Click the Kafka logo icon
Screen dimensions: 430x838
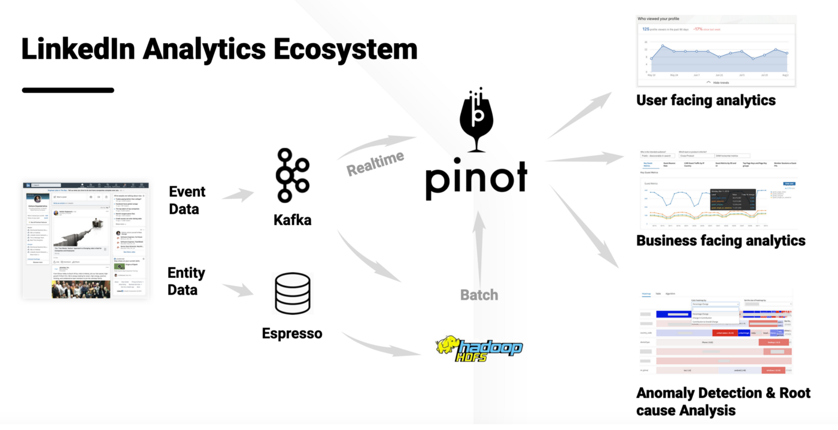(x=293, y=175)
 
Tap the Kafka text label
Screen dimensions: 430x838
(x=293, y=220)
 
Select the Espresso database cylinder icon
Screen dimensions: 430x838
(x=292, y=293)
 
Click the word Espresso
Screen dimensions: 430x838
(x=292, y=333)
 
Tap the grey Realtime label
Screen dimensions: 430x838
(x=375, y=163)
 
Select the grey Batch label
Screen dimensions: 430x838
(x=479, y=294)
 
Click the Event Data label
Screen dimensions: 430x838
(x=187, y=200)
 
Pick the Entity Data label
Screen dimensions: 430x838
(x=186, y=281)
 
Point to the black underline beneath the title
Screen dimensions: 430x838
(x=68, y=90)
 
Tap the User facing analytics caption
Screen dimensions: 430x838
(x=706, y=100)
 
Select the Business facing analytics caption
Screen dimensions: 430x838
(x=721, y=241)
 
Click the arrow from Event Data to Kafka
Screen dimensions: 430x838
(x=238, y=195)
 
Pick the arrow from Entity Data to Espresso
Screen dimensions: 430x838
(x=238, y=289)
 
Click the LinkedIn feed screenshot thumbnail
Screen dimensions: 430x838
(x=86, y=241)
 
